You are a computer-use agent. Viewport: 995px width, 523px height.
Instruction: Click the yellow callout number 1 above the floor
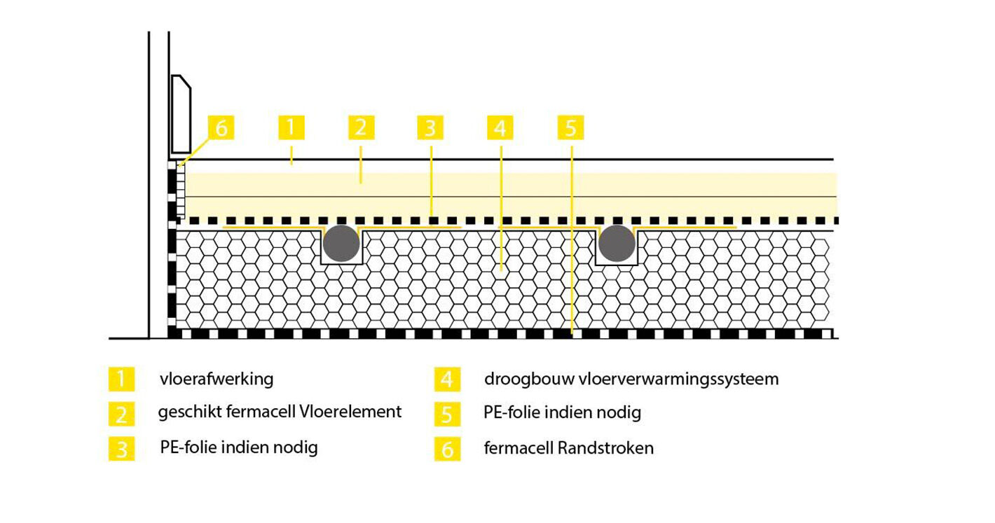click(291, 127)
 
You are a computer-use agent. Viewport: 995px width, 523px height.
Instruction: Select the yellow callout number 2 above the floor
click(361, 127)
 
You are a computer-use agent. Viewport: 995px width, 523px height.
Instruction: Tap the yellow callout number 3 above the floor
click(430, 128)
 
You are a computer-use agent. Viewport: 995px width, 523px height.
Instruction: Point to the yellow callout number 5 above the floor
click(570, 128)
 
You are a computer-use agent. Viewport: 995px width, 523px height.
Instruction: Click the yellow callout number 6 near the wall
click(221, 128)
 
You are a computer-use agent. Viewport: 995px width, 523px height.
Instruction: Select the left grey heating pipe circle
click(342, 244)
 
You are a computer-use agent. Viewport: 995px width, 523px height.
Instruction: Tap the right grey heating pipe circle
click(617, 244)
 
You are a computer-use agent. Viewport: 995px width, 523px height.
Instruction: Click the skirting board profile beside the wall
click(181, 114)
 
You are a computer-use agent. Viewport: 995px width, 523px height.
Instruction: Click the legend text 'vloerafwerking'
click(217, 379)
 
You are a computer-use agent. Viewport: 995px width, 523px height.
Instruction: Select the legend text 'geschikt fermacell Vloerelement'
click(280, 412)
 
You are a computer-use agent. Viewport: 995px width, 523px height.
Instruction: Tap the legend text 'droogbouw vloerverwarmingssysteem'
click(631, 379)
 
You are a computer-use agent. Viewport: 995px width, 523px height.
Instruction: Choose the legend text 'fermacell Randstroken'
click(568, 448)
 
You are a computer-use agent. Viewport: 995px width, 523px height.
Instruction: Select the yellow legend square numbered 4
click(447, 379)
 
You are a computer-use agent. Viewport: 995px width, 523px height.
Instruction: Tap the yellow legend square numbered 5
click(447, 414)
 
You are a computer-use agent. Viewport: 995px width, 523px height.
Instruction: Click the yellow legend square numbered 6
click(447, 448)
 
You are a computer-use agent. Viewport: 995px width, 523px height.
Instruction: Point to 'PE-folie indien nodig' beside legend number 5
click(562, 412)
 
